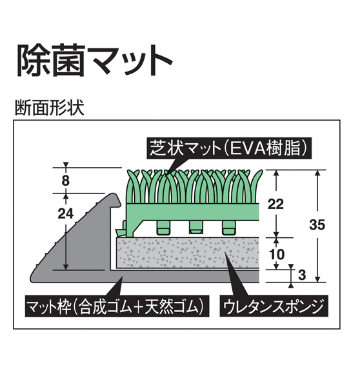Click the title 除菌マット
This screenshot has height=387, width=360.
[95, 61]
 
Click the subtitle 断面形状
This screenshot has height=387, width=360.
[50, 108]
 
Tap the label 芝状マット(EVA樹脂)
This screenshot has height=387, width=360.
[229, 148]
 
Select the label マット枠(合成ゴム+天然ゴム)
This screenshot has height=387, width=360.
[117, 306]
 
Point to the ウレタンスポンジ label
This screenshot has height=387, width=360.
[274, 306]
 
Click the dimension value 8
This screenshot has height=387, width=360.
[65, 181]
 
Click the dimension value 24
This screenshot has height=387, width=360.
[65, 213]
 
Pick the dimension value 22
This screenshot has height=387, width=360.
[275, 204]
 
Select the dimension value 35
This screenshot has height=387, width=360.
[317, 224]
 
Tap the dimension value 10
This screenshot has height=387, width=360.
[277, 254]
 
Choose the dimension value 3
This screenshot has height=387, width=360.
[302, 275]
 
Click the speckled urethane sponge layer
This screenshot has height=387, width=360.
[188, 253]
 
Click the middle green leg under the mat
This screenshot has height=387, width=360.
[196, 227]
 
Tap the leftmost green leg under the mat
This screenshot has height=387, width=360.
[163, 227]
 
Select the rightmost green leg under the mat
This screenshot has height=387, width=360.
[228, 227]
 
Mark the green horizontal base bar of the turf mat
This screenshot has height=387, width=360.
[193, 212]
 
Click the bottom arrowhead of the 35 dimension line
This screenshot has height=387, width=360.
[318, 279]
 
